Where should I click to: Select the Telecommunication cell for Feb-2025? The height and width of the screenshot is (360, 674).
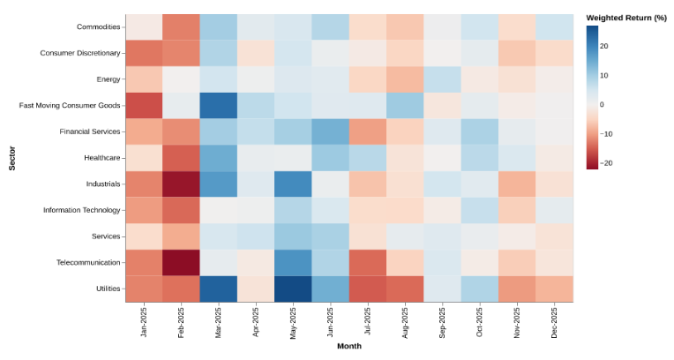coord(181,262)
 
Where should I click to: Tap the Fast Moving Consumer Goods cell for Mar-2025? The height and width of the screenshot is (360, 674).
coord(218,105)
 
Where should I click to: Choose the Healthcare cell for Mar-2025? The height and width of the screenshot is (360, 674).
coord(218,157)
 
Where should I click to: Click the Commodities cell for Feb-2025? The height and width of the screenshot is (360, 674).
coord(181,26)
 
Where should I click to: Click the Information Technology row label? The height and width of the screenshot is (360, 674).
coord(81,210)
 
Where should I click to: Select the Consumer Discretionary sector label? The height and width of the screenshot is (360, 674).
coord(80,53)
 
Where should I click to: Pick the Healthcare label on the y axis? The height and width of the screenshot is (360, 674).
coord(98,158)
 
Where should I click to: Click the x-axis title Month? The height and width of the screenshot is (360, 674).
coord(349,346)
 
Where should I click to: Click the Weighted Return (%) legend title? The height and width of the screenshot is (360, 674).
coord(625,18)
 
